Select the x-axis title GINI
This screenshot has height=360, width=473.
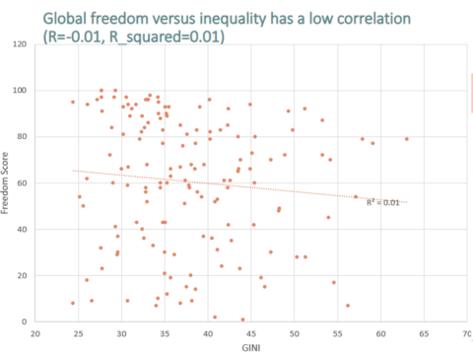pos(250,348)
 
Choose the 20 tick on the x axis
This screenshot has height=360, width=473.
pos(35,333)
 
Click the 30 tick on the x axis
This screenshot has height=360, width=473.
pos(121,333)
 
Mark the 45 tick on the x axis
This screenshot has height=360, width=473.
pos(250,333)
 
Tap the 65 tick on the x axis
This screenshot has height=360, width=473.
pos(423,333)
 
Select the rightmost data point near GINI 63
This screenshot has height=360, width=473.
pos(406,139)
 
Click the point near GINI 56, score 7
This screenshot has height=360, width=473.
pos(348,305)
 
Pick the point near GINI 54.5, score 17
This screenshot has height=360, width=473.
pos(334,282)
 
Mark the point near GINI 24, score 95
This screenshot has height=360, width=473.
pos(73,102)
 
